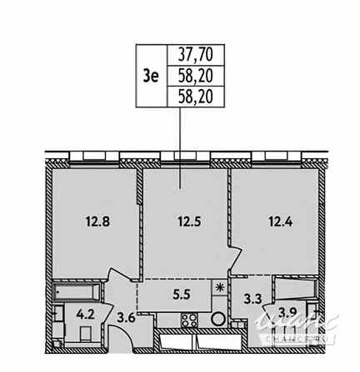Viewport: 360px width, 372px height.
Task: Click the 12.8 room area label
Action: point(95,222)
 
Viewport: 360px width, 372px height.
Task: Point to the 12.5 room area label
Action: point(186,222)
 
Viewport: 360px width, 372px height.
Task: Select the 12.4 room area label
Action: point(273,222)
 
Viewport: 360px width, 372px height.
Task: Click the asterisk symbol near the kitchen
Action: point(220,287)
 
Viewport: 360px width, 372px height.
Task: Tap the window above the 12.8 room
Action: point(91,154)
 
